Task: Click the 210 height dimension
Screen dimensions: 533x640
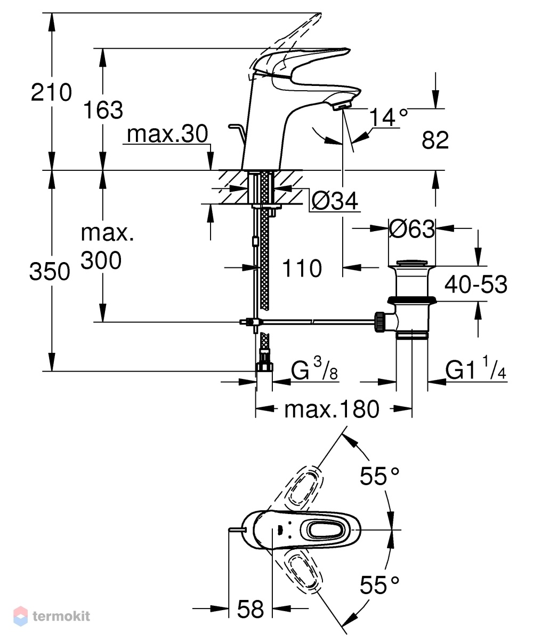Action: point(51,92)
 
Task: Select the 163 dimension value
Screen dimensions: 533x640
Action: point(103,110)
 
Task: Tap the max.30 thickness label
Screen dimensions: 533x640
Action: point(167,133)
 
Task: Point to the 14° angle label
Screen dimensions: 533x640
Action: point(389,117)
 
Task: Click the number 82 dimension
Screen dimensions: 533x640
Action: point(435,140)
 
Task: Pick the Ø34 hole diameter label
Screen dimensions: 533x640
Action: point(335,200)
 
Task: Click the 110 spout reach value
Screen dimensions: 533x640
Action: point(302,268)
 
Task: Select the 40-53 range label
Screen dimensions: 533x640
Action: point(476,284)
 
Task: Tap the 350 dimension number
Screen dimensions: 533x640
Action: point(50,272)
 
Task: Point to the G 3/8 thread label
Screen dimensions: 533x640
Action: point(314,368)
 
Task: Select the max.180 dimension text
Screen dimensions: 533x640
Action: point(332,409)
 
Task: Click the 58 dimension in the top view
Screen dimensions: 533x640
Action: point(250,610)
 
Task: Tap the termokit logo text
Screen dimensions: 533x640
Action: point(61,616)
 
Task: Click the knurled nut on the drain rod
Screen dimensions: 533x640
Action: point(380,322)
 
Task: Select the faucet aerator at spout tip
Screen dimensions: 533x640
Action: point(342,107)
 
